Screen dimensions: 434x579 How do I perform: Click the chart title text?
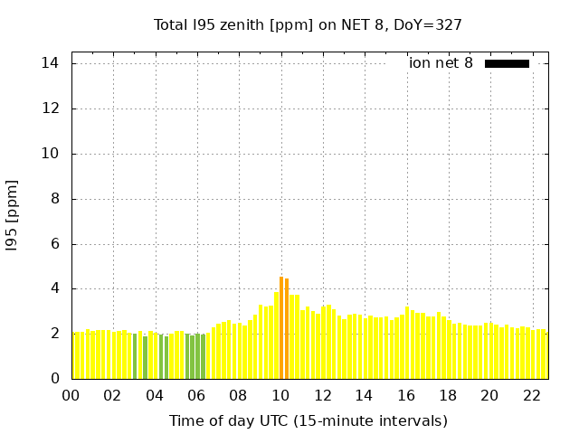pos(308,24)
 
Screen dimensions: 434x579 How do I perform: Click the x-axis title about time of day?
pos(308,420)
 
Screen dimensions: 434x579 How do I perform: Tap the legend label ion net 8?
pos(441,63)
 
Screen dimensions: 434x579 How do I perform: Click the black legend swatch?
pos(507,63)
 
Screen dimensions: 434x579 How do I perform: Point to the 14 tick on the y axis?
pos(51,63)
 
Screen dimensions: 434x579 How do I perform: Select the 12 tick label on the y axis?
pos(51,108)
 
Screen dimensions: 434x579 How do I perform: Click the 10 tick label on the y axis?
pos(51,154)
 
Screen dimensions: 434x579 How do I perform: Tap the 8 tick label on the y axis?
pos(55,199)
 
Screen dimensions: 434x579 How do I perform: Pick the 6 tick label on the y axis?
pos(55,244)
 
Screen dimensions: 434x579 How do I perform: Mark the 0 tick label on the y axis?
pos(55,379)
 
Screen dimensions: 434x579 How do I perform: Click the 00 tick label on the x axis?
pos(71,395)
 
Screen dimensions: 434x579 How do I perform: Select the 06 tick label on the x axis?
pos(196,395)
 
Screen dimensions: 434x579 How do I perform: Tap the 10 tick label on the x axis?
pos(280,395)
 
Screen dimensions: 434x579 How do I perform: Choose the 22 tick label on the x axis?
pos(532,395)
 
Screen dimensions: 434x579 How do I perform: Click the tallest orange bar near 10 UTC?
pos(281,327)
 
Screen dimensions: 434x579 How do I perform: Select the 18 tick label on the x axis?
pos(448,395)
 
